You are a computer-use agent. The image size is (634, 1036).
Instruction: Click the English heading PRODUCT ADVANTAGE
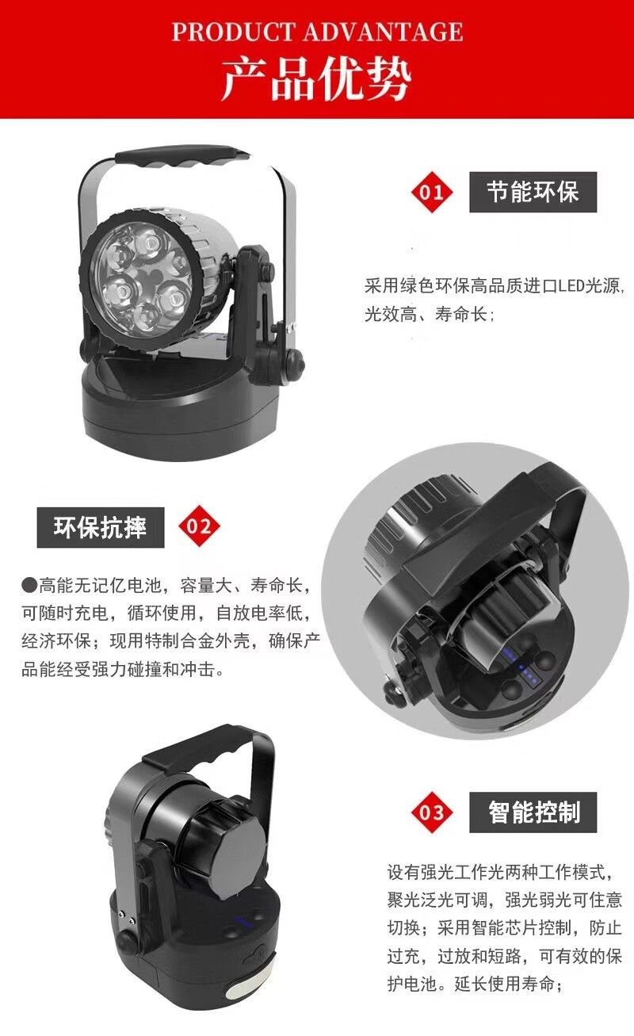pyautogui.click(x=317, y=32)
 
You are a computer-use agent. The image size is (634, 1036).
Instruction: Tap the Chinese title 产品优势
pyautogui.click(x=317, y=79)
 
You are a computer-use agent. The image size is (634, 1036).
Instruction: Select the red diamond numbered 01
pyautogui.click(x=432, y=192)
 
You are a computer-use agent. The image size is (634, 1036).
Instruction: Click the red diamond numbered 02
pyautogui.click(x=199, y=526)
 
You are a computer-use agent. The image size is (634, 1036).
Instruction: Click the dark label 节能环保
pyautogui.click(x=533, y=192)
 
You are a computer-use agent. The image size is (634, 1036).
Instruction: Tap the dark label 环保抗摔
pyautogui.click(x=101, y=527)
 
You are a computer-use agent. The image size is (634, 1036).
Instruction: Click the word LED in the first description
pyautogui.click(x=571, y=286)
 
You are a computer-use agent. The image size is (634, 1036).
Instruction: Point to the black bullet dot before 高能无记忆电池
pyautogui.click(x=29, y=585)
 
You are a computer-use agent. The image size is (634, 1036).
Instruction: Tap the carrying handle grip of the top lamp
pyautogui.click(x=181, y=156)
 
